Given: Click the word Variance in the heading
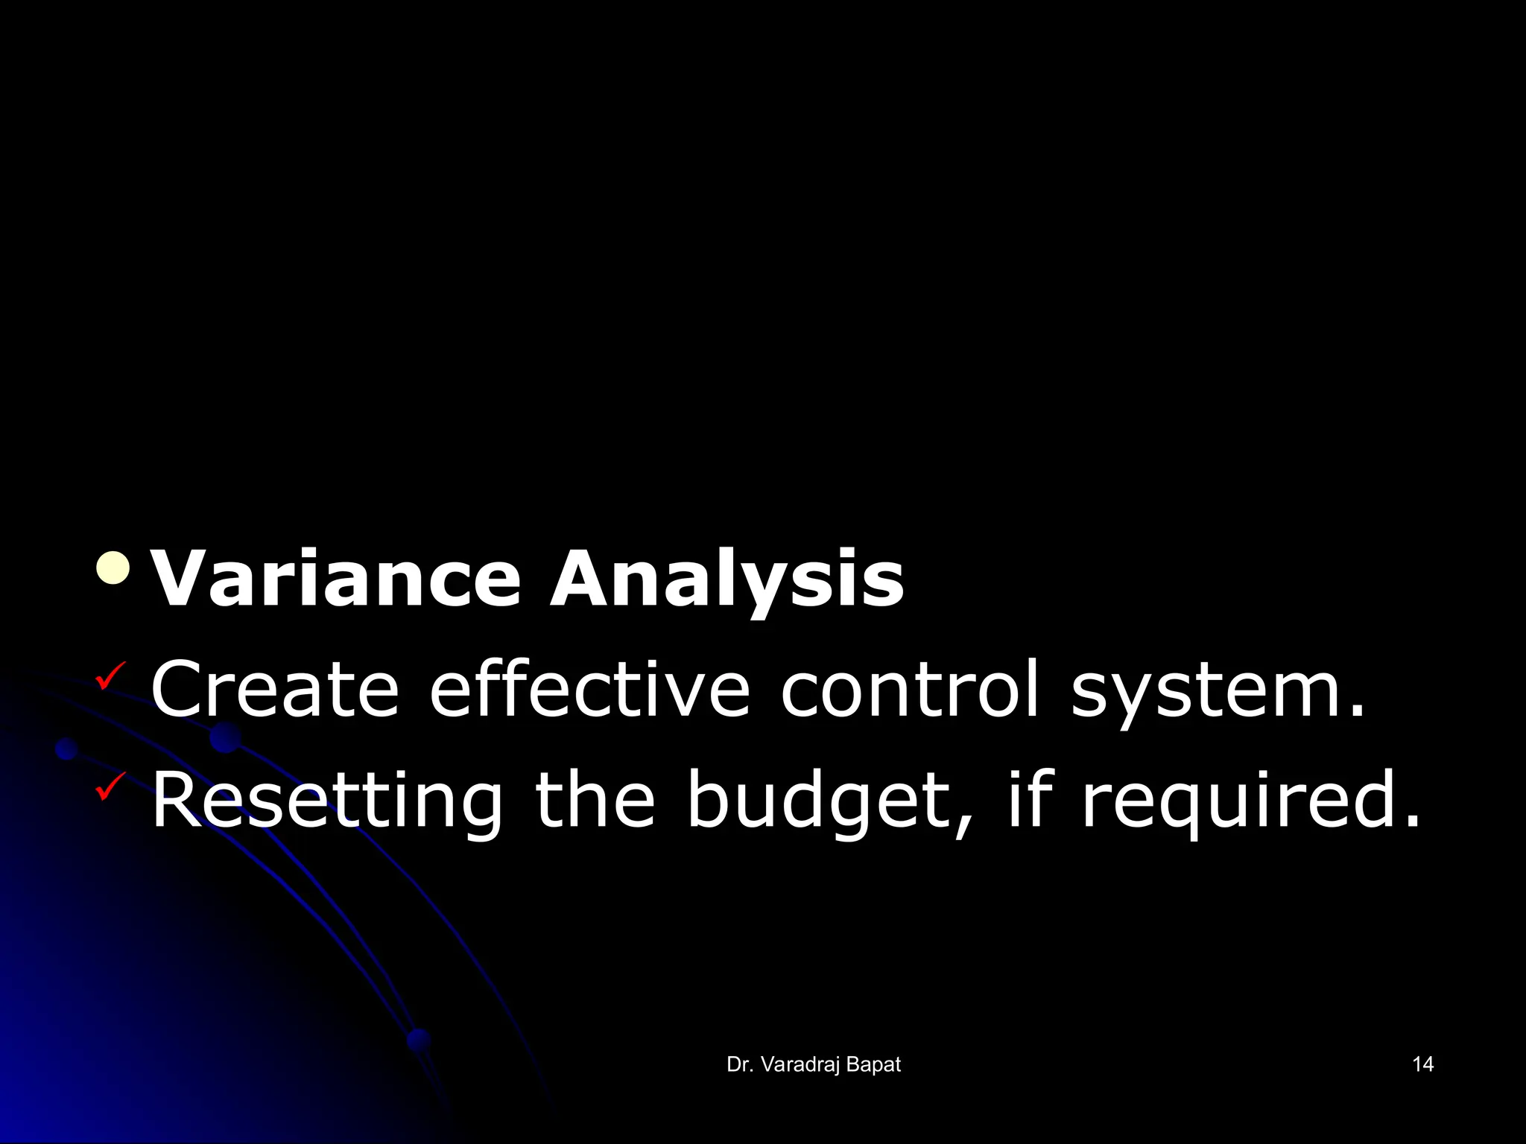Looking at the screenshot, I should [335, 579].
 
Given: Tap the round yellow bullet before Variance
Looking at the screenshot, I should [113, 569].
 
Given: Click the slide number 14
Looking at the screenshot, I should [1422, 1064].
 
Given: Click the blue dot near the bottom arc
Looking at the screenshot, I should [419, 1039].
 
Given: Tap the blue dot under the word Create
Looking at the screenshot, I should [225, 737].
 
